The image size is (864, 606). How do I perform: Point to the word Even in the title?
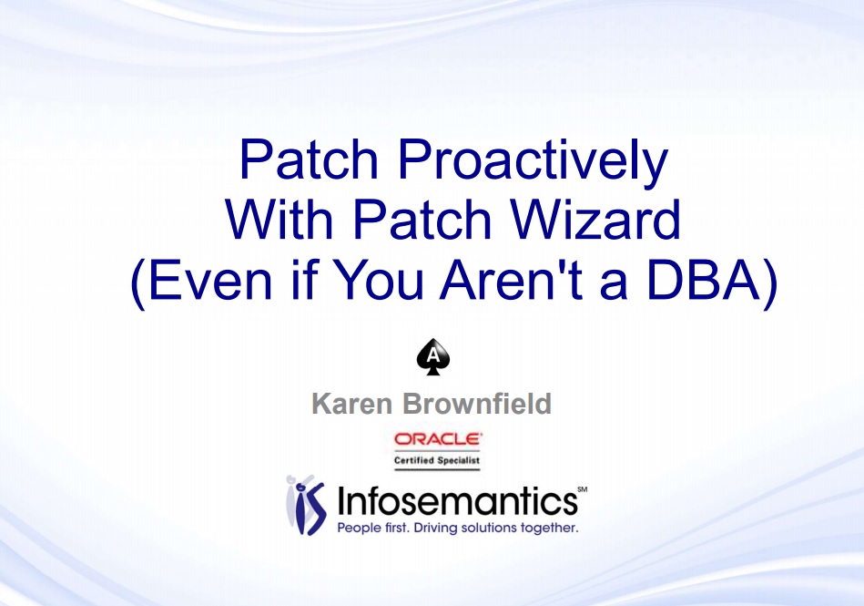pyautogui.click(x=209, y=280)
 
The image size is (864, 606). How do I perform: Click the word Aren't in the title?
pyautogui.click(x=511, y=280)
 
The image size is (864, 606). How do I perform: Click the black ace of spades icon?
pyautogui.click(x=433, y=357)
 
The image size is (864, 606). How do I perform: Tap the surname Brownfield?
pyautogui.click(x=477, y=404)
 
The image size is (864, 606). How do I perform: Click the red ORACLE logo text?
pyautogui.click(x=438, y=439)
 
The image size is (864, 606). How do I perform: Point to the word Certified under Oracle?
pyautogui.click(x=413, y=460)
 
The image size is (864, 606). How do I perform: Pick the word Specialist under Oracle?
pyautogui.click(x=459, y=460)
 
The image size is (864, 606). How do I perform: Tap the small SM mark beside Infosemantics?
pyautogui.click(x=583, y=489)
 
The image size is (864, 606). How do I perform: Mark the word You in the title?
pyautogui.click(x=379, y=280)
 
